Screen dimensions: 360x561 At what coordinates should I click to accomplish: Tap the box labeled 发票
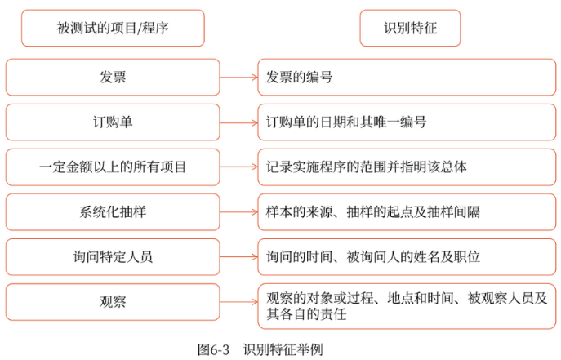pyautogui.click(x=113, y=78)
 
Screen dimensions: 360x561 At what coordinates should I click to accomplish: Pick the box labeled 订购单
pyautogui.click(x=113, y=122)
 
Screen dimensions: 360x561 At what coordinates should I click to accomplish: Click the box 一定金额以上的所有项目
pyautogui.click(x=113, y=167)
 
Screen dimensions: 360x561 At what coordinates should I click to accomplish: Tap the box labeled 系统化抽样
pyautogui.click(x=113, y=212)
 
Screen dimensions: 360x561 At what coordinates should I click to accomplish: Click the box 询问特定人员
pyautogui.click(x=113, y=257)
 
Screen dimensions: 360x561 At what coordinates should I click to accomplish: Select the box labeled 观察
pyautogui.click(x=113, y=302)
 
